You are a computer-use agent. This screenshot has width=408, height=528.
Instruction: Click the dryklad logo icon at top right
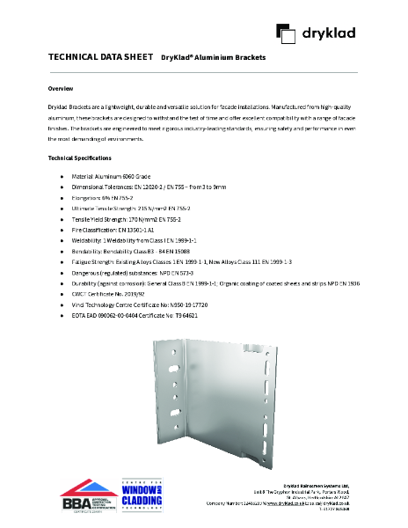(x=285, y=33)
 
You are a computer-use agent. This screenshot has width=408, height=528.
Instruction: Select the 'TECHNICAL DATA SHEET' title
(x=100, y=57)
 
